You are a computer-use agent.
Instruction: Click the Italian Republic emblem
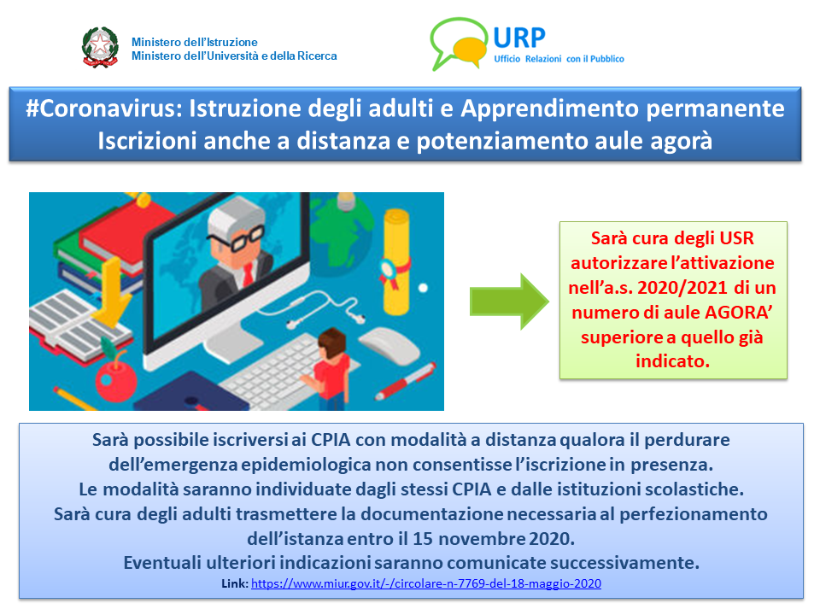[100, 47]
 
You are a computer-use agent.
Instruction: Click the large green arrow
[509, 302]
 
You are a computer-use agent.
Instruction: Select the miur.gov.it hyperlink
[426, 583]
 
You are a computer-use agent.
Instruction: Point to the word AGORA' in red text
[738, 313]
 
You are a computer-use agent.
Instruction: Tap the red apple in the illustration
[115, 378]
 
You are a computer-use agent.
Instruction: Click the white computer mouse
[389, 345]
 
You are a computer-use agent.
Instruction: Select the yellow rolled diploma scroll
[395, 261]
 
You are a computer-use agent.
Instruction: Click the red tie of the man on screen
[248, 273]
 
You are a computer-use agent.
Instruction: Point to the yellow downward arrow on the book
[111, 292]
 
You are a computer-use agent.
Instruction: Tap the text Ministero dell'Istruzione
[195, 42]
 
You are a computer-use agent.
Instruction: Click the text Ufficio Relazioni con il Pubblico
[559, 59]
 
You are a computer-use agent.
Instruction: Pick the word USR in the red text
[736, 238]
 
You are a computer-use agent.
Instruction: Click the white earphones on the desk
[313, 308]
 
